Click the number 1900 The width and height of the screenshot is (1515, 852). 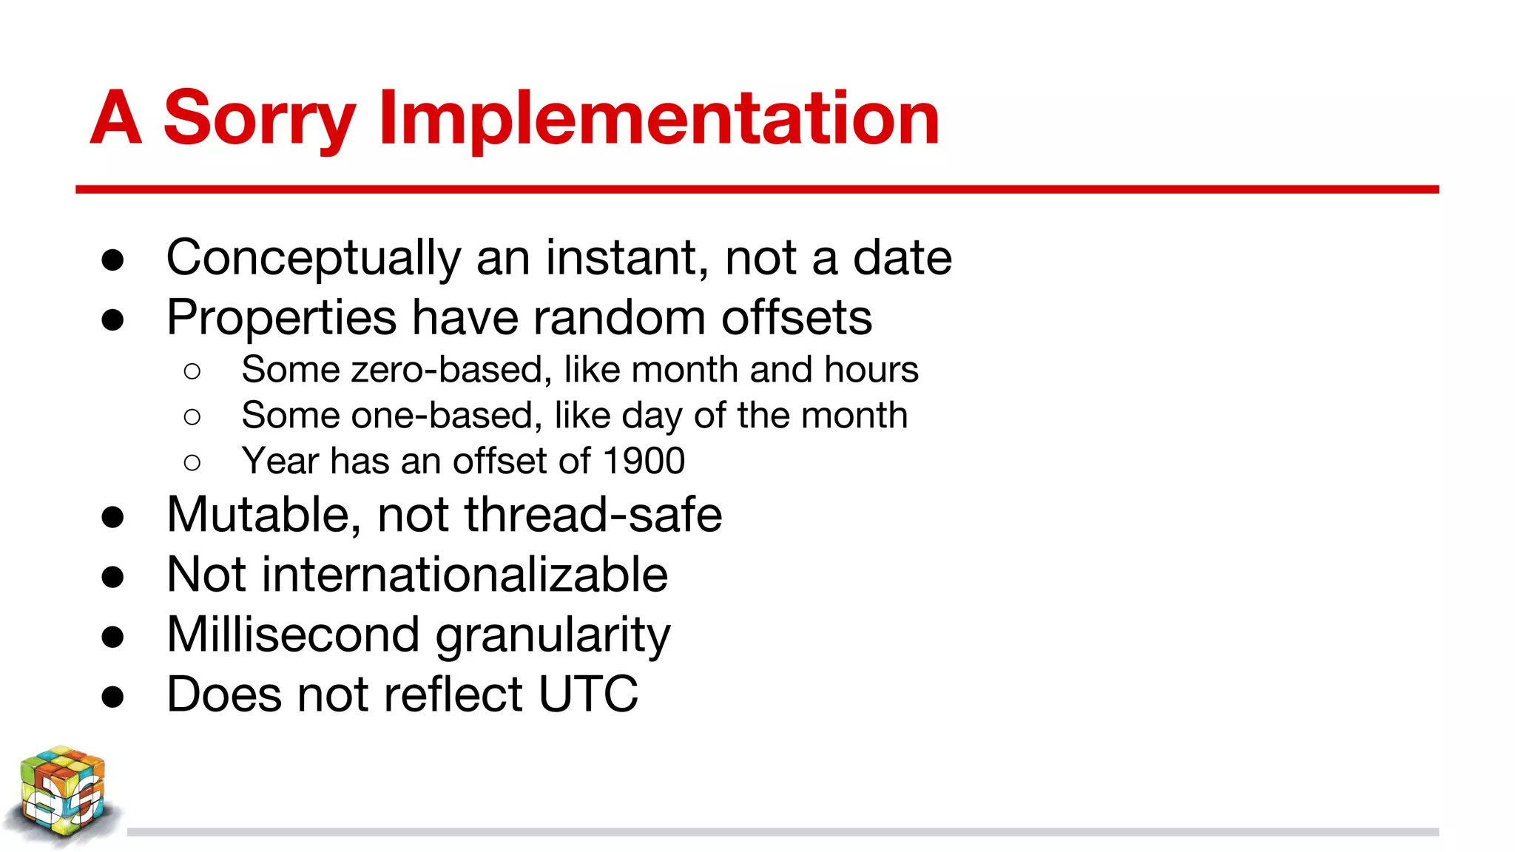644,461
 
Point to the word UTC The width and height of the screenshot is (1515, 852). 588,694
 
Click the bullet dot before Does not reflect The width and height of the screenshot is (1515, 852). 112,696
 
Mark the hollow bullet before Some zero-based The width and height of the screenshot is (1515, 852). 192,371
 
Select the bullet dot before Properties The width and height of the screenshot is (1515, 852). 112,319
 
